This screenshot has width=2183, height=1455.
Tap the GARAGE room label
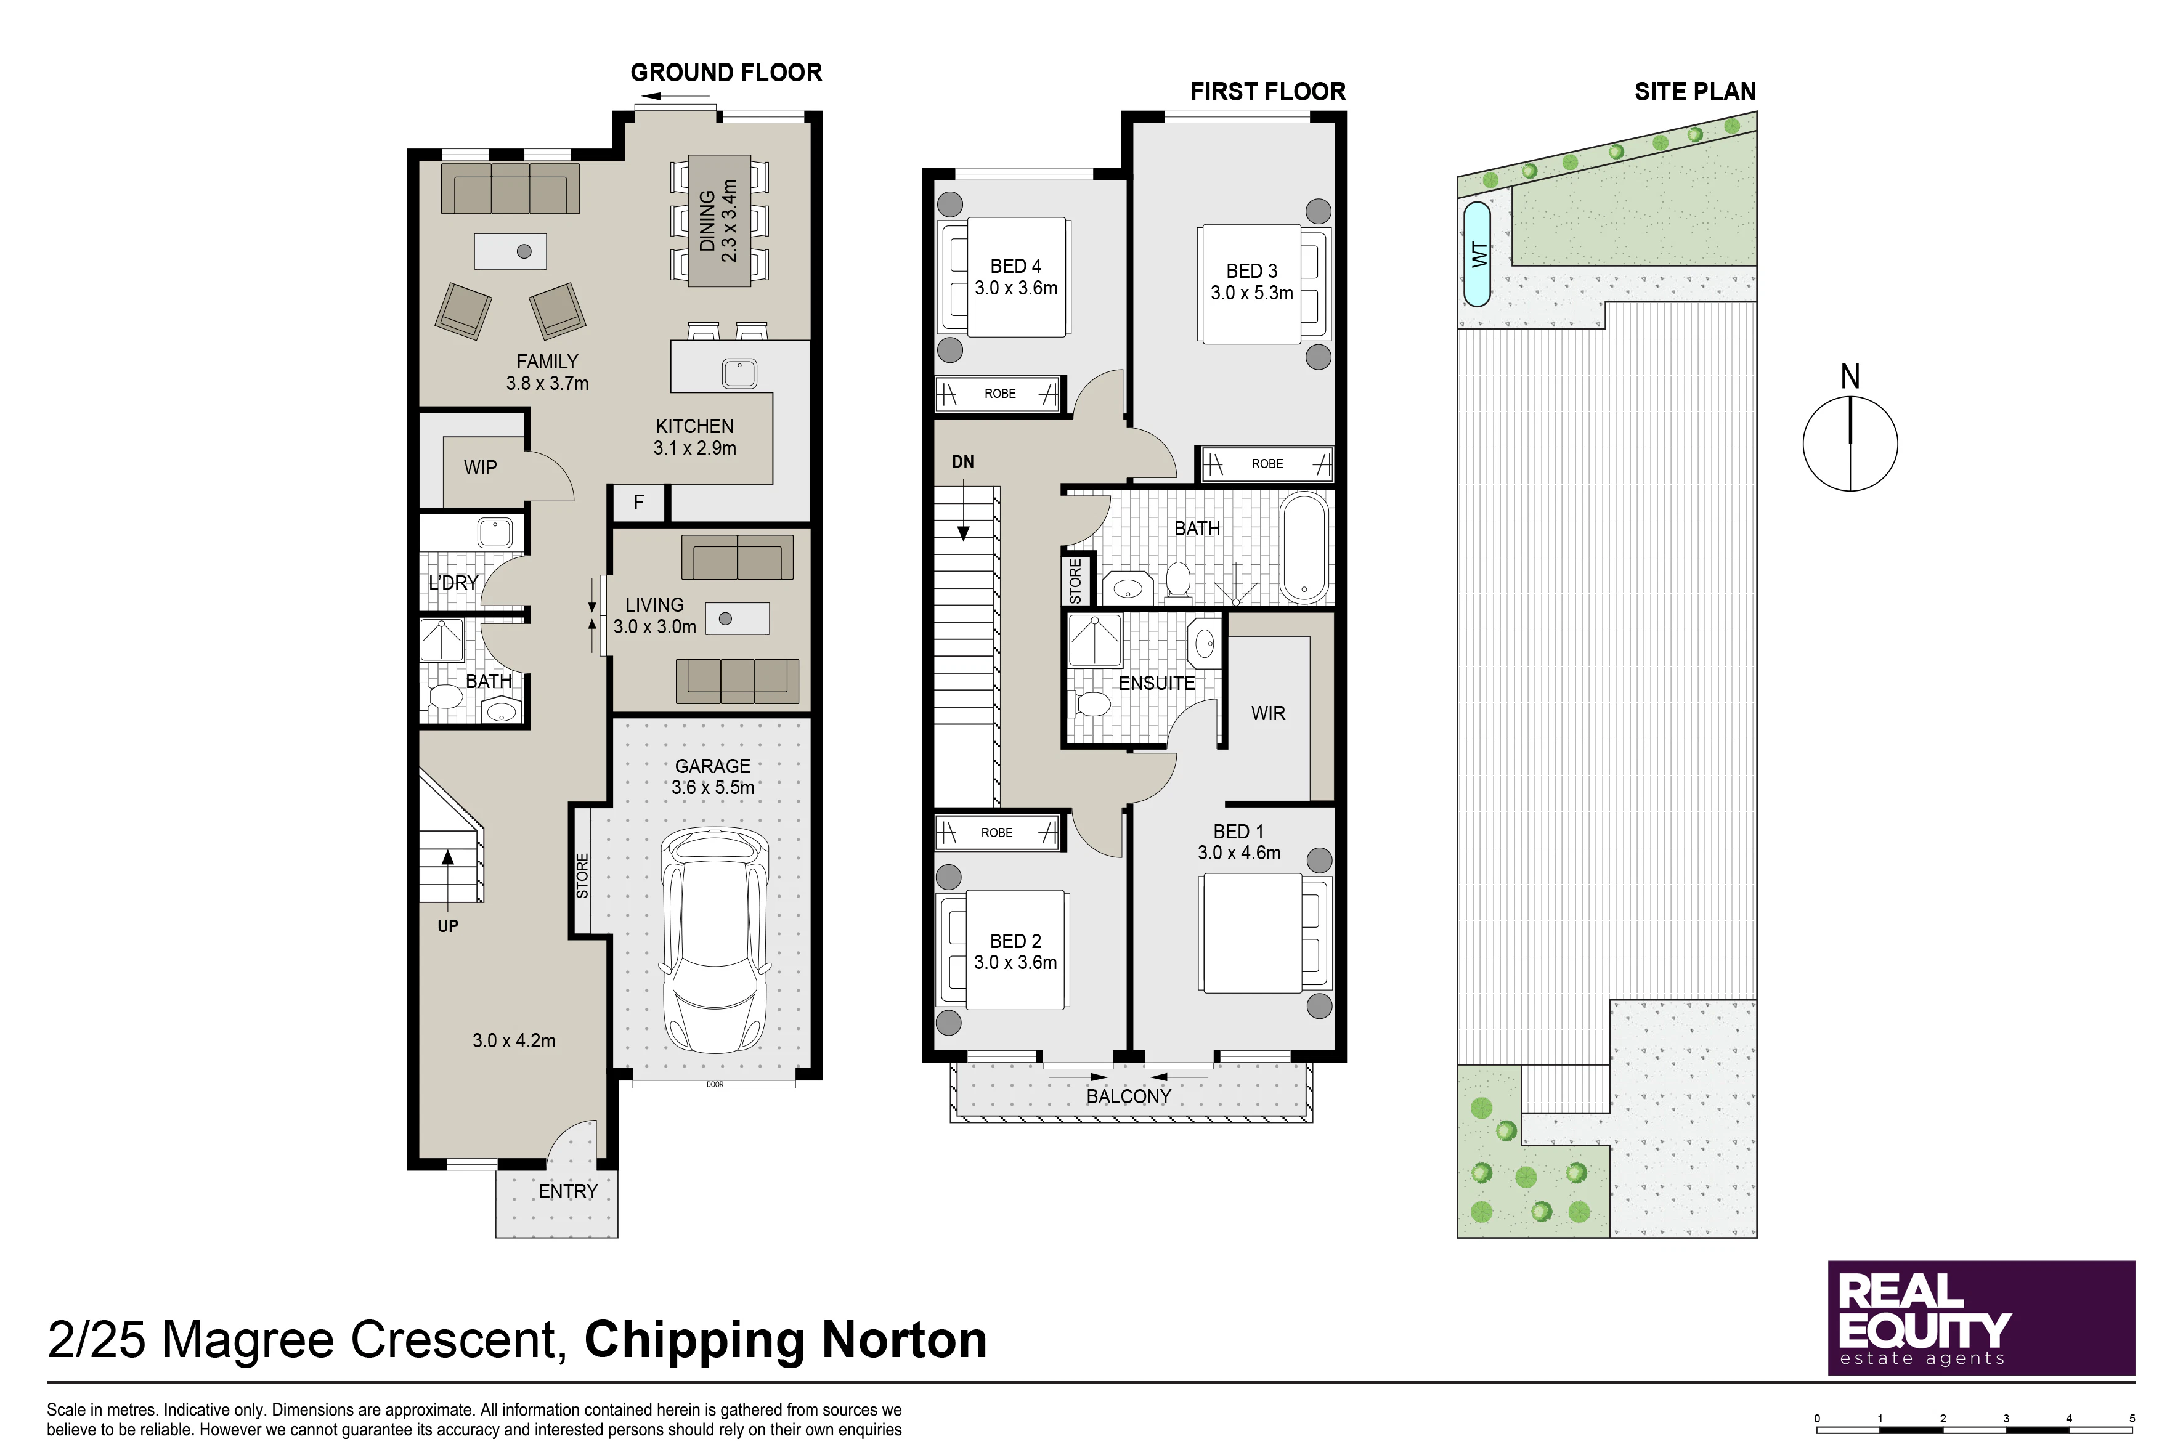pos(713,766)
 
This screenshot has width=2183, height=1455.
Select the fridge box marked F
pos(638,502)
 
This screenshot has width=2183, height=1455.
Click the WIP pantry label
pos(480,468)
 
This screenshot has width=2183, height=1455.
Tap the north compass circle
pos(1850,444)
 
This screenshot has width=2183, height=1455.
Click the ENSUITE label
pos(1157,683)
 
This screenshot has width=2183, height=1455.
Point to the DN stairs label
pos(962,461)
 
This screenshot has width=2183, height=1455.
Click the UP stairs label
pos(447,926)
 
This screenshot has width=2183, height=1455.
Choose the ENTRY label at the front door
pos(568,1191)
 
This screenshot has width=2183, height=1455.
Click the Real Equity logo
pos(1981,1318)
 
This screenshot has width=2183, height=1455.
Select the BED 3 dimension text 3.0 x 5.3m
pos(1251,293)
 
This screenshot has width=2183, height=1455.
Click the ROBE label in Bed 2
pos(997,832)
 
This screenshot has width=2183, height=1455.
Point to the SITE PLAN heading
pos(1695,92)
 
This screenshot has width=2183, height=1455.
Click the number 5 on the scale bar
pos(2132,1419)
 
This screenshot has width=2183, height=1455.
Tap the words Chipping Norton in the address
pos(785,1341)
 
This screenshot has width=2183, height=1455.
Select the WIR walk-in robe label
pos(1268,713)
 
